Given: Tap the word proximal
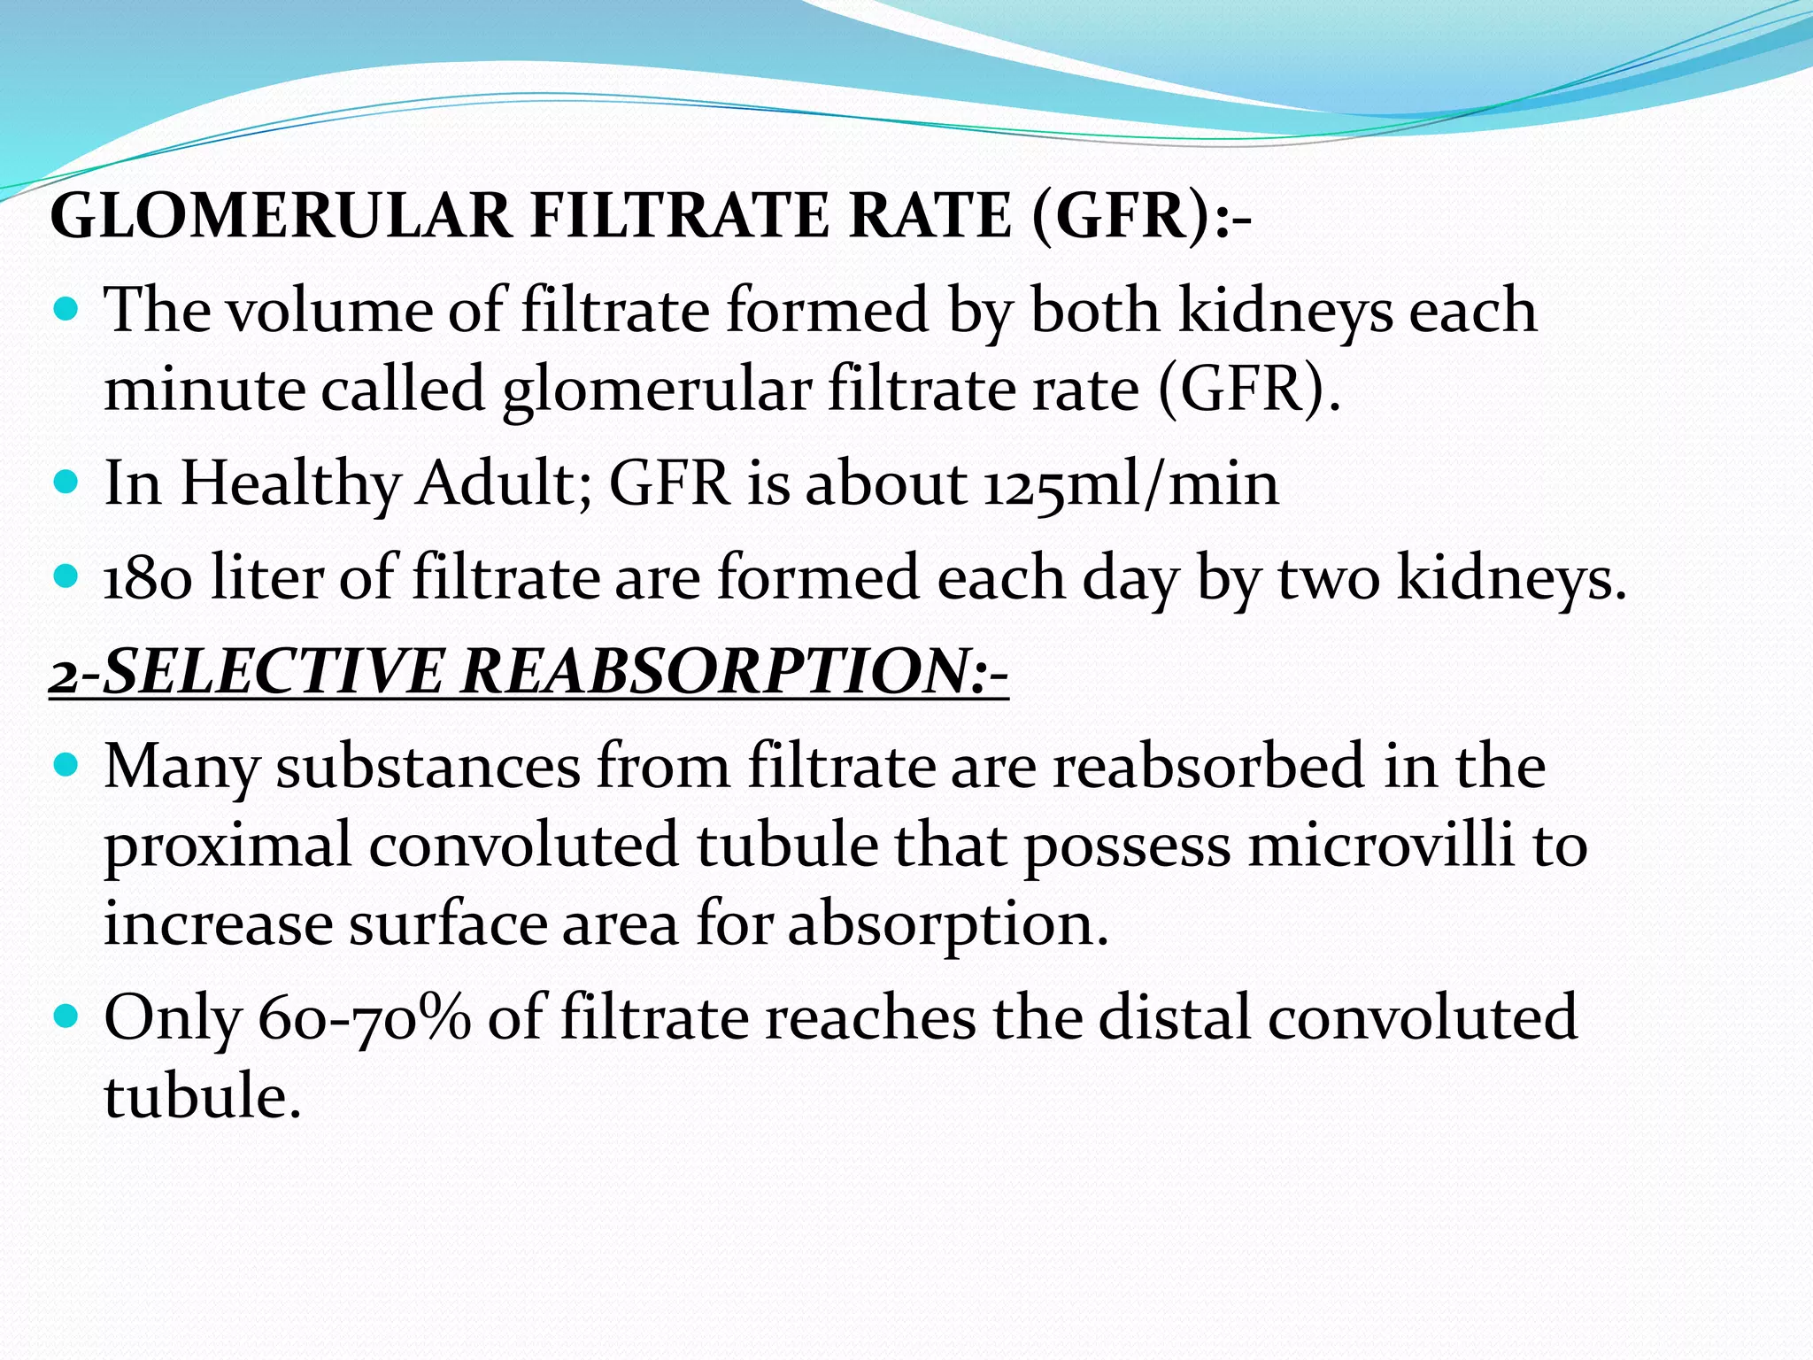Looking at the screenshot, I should [228, 846].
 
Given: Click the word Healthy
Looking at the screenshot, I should [290, 483].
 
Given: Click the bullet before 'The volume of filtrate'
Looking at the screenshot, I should [67, 311].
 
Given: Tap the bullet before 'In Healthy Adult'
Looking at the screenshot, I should [67, 483].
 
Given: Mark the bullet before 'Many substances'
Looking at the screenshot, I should [67, 764].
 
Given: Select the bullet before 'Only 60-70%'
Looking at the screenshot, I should [67, 1016].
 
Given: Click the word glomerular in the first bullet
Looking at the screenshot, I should [656, 390].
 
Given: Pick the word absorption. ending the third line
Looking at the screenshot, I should [948, 924].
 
